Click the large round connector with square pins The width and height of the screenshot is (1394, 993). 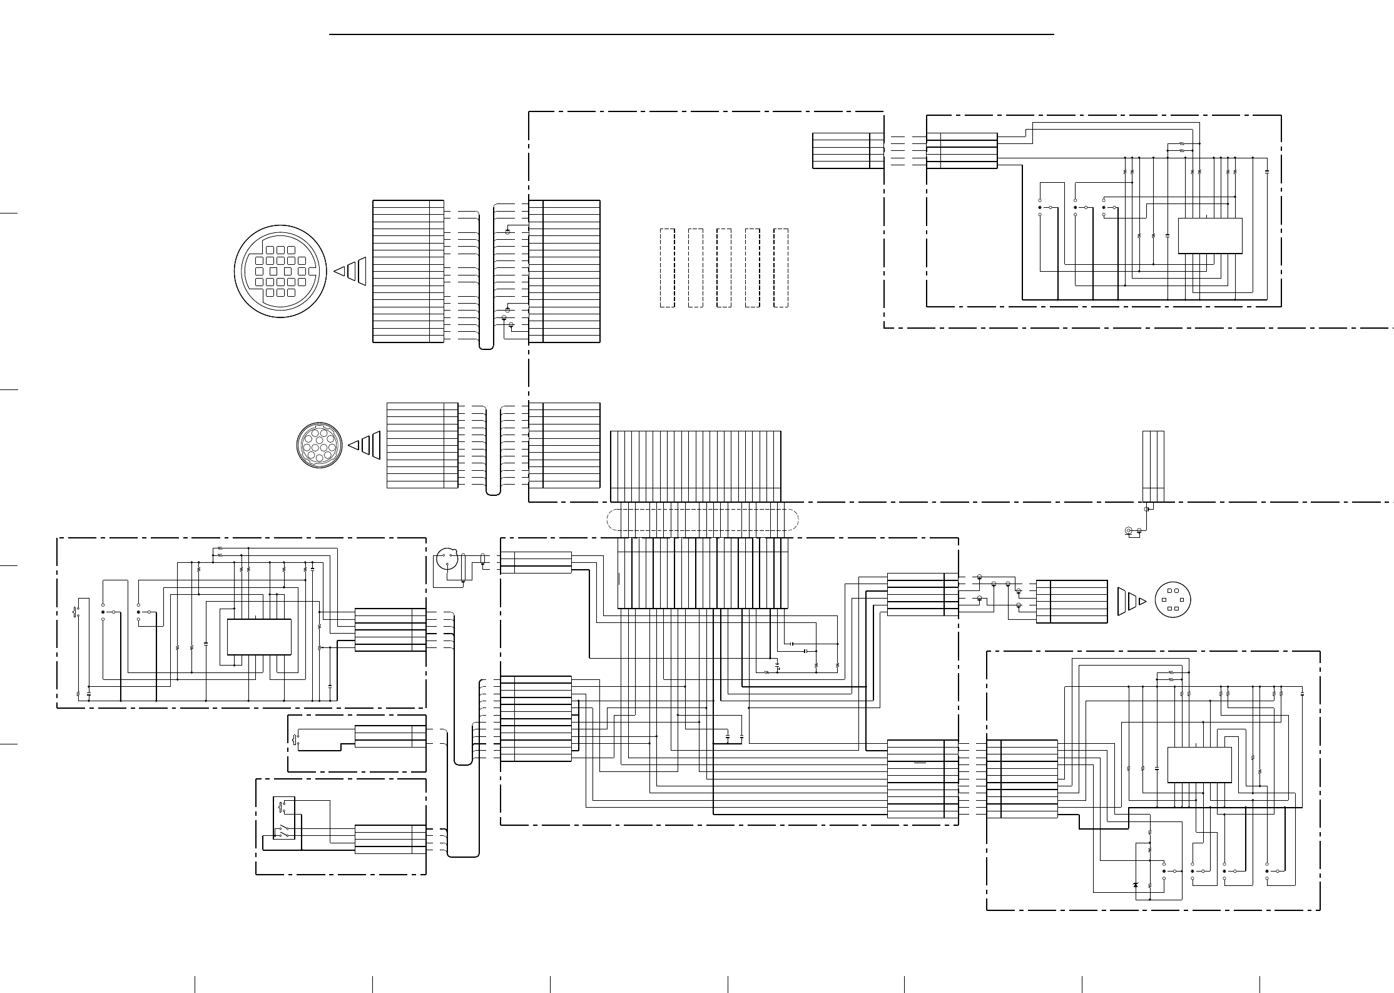[x=281, y=271]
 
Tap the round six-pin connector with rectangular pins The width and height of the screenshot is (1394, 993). [x=1172, y=600]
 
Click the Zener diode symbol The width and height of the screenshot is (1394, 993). [x=1136, y=885]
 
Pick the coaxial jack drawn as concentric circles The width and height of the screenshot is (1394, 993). [x=1129, y=532]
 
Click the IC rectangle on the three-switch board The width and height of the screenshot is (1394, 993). [x=1209, y=236]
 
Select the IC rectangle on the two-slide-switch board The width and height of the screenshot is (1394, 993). [x=258, y=637]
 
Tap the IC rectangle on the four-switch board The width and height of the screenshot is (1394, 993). [x=1199, y=764]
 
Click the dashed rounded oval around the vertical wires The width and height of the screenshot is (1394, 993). [x=703, y=520]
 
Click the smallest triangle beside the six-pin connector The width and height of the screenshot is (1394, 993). [x=1142, y=601]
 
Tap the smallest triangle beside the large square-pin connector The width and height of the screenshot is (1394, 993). [x=339, y=271]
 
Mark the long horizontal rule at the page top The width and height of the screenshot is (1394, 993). [x=691, y=34]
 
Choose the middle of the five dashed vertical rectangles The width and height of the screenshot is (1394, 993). [x=724, y=268]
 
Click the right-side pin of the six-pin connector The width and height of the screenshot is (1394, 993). [x=1181, y=600]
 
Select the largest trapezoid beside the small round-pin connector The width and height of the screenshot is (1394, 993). [x=375, y=445]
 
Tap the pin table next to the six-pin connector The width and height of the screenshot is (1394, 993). [x=1071, y=601]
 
